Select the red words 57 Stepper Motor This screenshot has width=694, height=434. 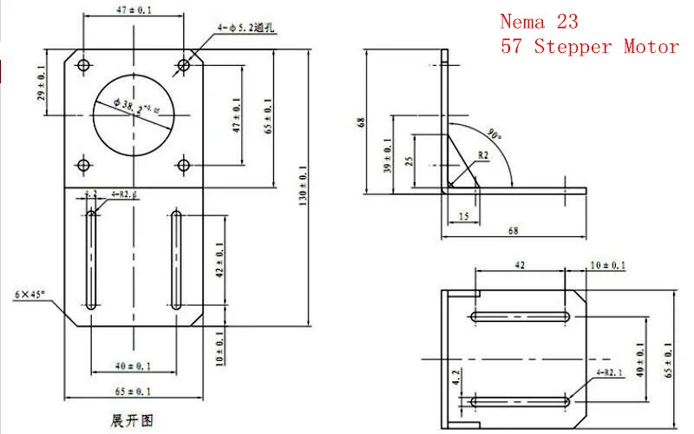(x=589, y=47)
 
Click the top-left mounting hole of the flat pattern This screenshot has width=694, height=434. (x=83, y=65)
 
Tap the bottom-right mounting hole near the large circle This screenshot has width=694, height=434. (x=183, y=165)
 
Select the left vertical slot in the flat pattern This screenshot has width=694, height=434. (x=92, y=260)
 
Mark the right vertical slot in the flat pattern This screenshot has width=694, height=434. (x=176, y=260)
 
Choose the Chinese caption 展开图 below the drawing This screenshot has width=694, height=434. (x=132, y=420)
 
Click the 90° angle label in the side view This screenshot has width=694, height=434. (x=495, y=135)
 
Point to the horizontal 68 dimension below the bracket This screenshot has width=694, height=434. (x=514, y=231)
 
